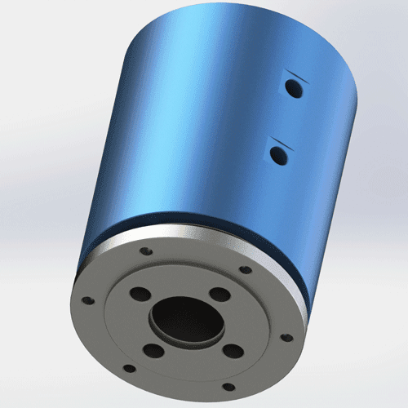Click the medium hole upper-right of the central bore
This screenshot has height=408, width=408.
pos(218,295)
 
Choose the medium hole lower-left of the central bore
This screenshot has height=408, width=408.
pos(153,352)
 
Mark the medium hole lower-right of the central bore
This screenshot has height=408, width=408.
pos(233,352)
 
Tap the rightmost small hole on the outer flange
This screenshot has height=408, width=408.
pos(285,336)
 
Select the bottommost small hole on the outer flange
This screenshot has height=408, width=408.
pos(229,387)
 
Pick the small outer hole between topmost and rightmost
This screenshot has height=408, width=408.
pos(244,270)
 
